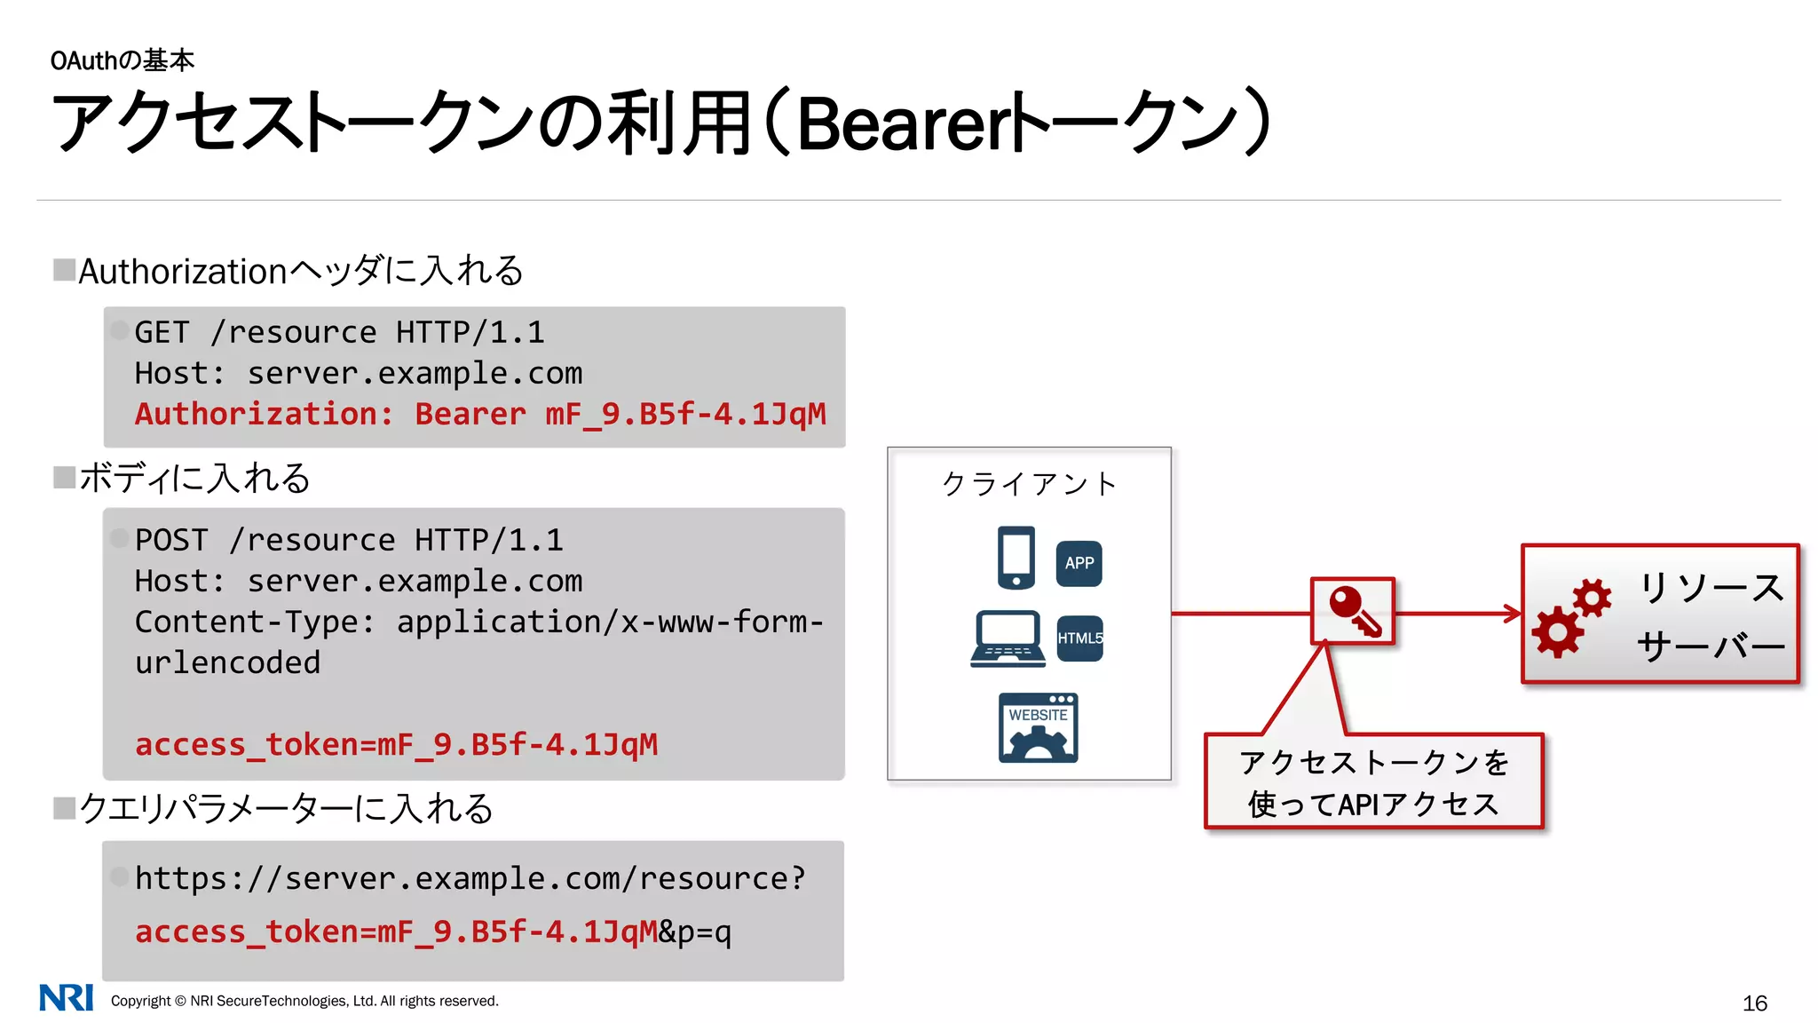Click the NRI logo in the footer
tap(66, 997)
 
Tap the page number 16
tap(1754, 1003)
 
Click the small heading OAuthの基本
tap(122, 60)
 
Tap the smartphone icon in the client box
tap(1016, 558)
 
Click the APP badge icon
tap(1079, 563)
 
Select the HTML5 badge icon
tap(1079, 638)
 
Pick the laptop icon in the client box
tap(1008, 638)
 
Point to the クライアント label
tap(1029, 484)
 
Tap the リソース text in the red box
tap(1711, 588)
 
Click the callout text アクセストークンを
tap(1373, 762)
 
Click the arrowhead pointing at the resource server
tap(1513, 613)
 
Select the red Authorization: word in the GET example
tap(264, 414)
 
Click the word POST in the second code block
tap(171, 540)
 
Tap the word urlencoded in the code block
tap(227, 662)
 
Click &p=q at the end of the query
tap(695, 932)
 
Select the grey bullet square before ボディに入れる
tap(64, 478)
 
